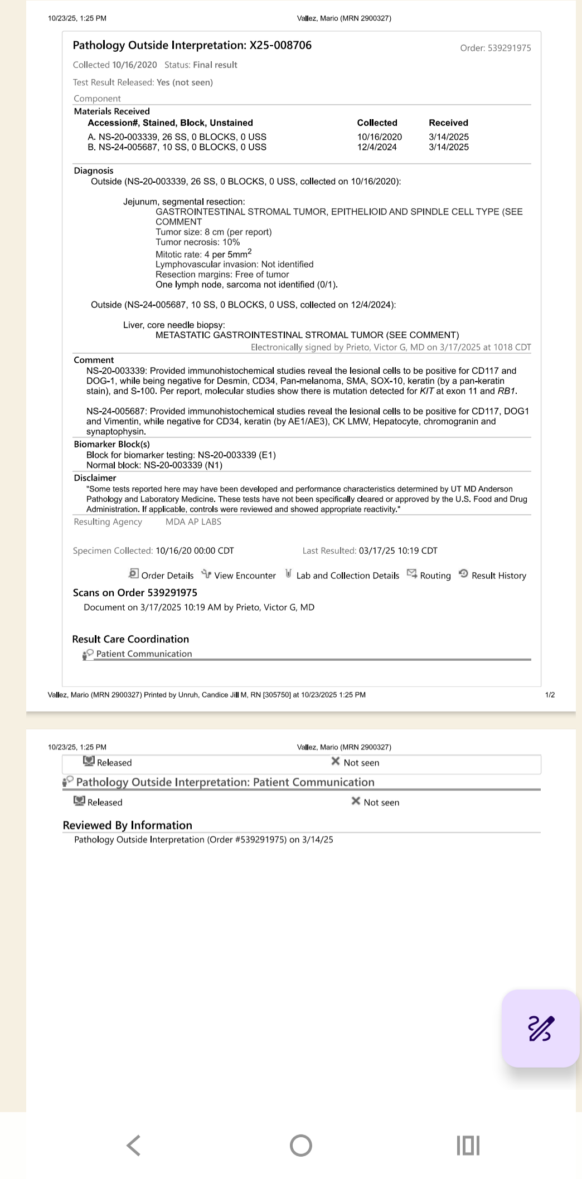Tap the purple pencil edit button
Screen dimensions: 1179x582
tap(540, 1028)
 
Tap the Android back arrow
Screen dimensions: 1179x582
tap(134, 1146)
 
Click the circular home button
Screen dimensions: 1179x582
tap(301, 1146)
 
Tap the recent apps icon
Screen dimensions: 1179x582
tap(468, 1146)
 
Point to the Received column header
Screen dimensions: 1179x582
tap(448, 123)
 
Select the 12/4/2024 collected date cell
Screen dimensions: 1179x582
tap(377, 147)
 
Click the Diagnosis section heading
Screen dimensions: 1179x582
tap(94, 170)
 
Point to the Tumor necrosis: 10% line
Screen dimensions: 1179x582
tap(198, 242)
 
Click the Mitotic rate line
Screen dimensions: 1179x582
tap(203, 254)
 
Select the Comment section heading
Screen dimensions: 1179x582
tap(94, 360)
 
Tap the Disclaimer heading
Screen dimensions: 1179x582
tap(95, 478)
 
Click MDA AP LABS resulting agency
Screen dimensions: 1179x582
tap(193, 522)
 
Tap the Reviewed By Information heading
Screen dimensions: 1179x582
tap(127, 825)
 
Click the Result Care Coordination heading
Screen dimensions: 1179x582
tap(130, 639)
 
